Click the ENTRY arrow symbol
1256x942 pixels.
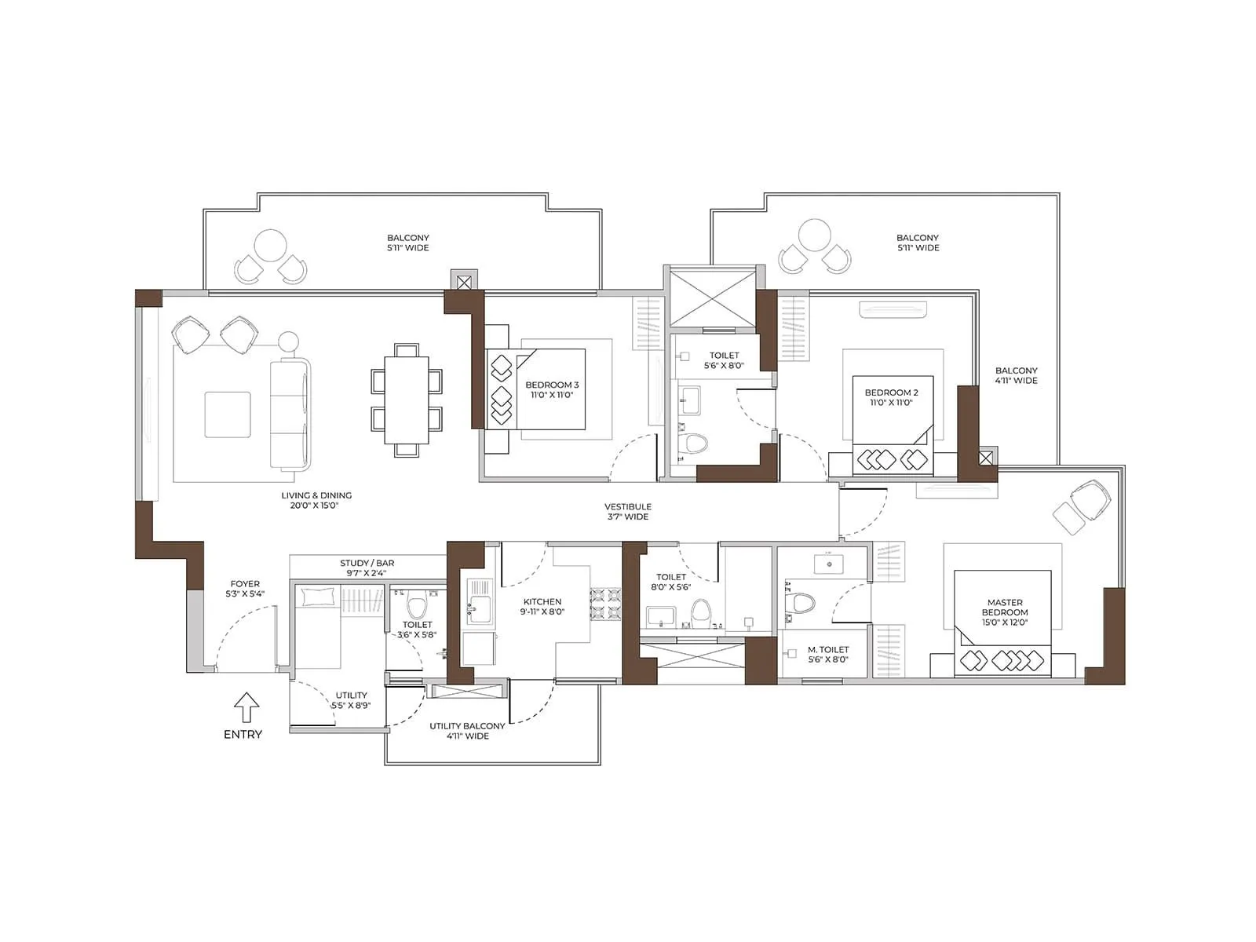pyautogui.click(x=246, y=707)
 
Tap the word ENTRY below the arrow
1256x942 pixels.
pyautogui.click(x=243, y=735)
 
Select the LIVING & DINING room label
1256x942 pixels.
pyautogui.click(x=316, y=500)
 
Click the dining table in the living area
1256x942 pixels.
pyautogui.click(x=406, y=400)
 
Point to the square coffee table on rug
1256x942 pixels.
pyautogui.click(x=228, y=414)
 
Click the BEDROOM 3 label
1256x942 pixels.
pyautogui.click(x=552, y=389)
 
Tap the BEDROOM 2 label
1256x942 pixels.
pyautogui.click(x=891, y=397)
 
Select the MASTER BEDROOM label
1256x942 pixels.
pyautogui.click(x=1005, y=612)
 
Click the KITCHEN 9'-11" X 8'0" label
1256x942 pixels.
pyautogui.click(x=542, y=607)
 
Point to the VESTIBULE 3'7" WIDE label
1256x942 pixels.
pyautogui.click(x=628, y=512)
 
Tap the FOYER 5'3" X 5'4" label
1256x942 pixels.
pyautogui.click(x=245, y=589)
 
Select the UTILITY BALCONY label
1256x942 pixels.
pyautogui.click(x=467, y=731)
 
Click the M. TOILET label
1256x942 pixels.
pyautogui.click(x=828, y=655)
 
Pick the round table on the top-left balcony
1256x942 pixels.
pyautogui.click(x=270, y=246)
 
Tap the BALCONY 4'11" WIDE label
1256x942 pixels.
pyautogui.click(x=1016, y=375)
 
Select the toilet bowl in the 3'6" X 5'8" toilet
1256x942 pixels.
pyautogui.click(x=417, y=607)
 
